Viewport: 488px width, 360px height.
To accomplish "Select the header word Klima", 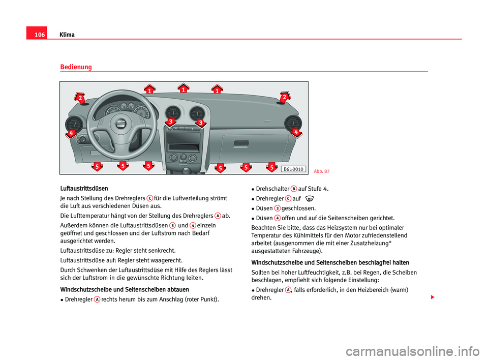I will [x=66, y=35].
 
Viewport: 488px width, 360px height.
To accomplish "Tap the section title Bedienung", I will [x=76, y=67].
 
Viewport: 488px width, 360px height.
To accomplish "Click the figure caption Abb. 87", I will [x=321, y=171].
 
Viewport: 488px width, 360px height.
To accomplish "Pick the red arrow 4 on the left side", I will [x=72, y=133].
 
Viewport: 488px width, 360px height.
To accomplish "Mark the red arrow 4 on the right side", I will [x=295, y=132].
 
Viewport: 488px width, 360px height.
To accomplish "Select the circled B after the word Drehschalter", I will [x=294, y=188].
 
